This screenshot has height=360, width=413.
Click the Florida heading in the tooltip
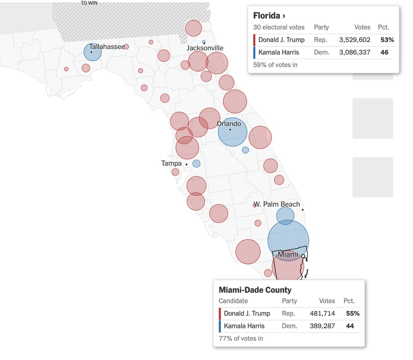[269, 16]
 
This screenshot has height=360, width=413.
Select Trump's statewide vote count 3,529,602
[354, 40]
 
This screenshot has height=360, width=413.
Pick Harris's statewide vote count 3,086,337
[354, 52]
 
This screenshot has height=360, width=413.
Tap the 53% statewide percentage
[387, 40]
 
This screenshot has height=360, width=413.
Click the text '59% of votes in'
[275, 65]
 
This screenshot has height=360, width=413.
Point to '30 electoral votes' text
[279, 28]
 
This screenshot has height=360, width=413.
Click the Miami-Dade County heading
[255, 290]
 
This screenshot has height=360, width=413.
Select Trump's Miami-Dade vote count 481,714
[322, 313]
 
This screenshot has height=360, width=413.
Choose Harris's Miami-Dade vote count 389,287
[322, 326]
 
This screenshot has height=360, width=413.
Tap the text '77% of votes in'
[241, 338]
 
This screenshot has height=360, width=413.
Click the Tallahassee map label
[107, 47]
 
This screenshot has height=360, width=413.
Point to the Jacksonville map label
[205, 48]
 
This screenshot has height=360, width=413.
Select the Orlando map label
[229, 124]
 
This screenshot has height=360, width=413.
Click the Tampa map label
[171, 163]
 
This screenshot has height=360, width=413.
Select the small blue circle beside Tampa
[196, 164]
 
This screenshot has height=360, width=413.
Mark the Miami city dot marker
[303, 256]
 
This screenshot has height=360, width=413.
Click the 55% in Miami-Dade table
[352, 313]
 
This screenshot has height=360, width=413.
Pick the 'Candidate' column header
[233, 301]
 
